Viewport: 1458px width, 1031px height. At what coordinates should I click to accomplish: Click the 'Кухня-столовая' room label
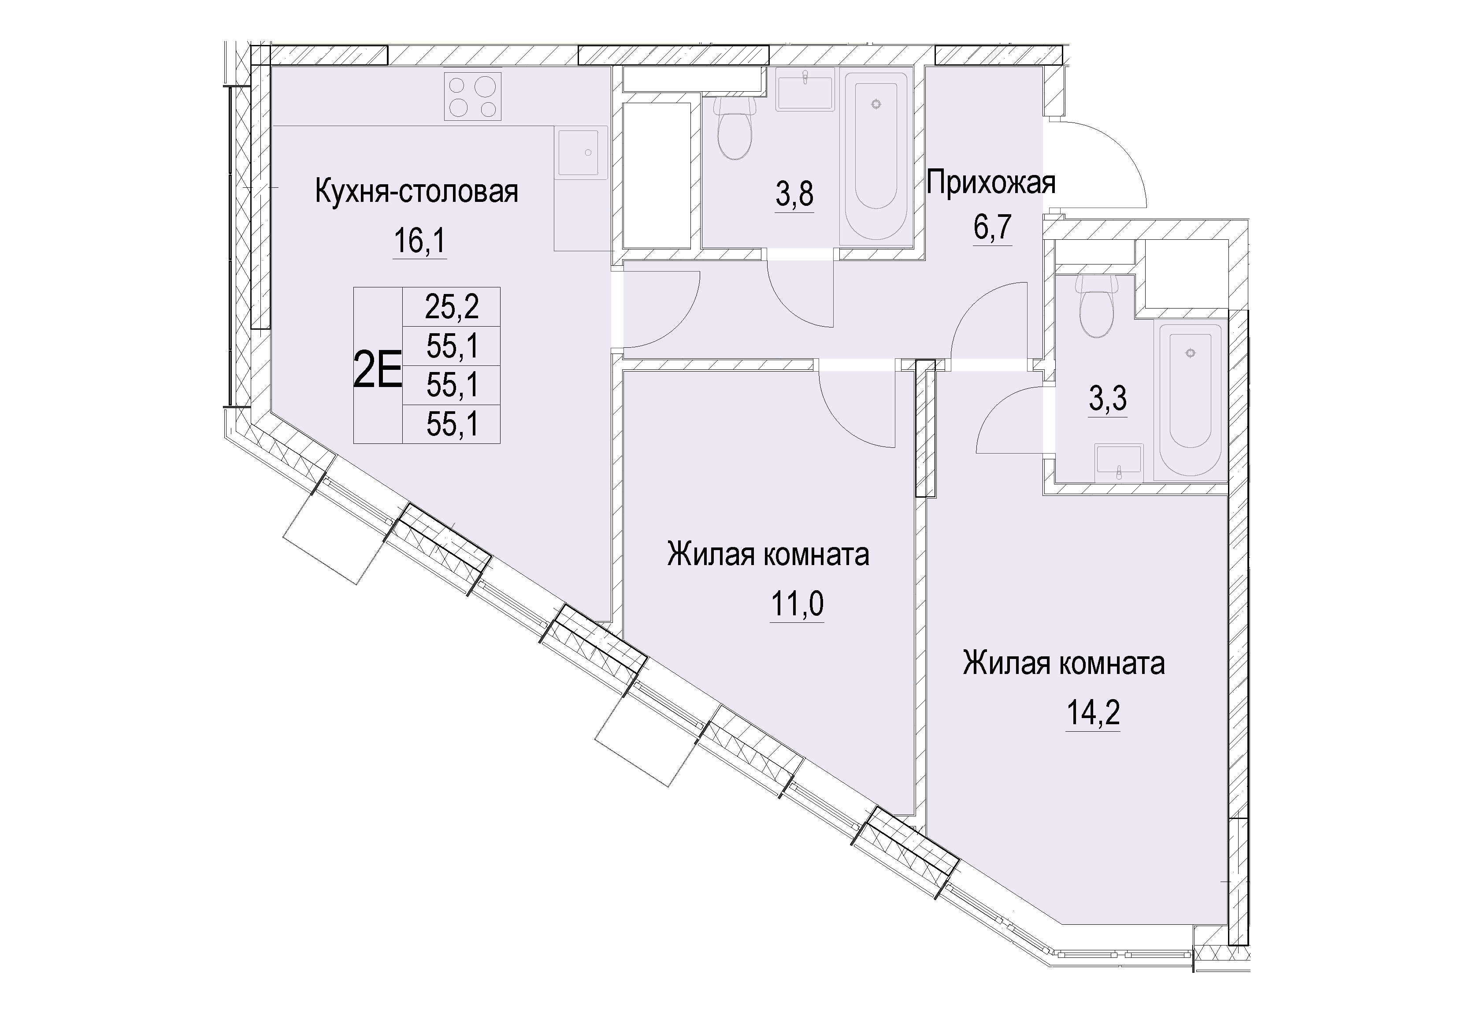point(416,192)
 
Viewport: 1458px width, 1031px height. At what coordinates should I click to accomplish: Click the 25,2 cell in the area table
point(452,308)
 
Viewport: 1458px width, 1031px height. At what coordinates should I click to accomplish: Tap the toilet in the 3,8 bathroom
point(735,127)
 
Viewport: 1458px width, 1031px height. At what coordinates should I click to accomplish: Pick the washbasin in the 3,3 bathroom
point(1118,463)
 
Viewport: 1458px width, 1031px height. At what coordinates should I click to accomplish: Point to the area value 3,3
point(1108,399)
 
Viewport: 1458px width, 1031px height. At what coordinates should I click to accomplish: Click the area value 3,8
point(794,194)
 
